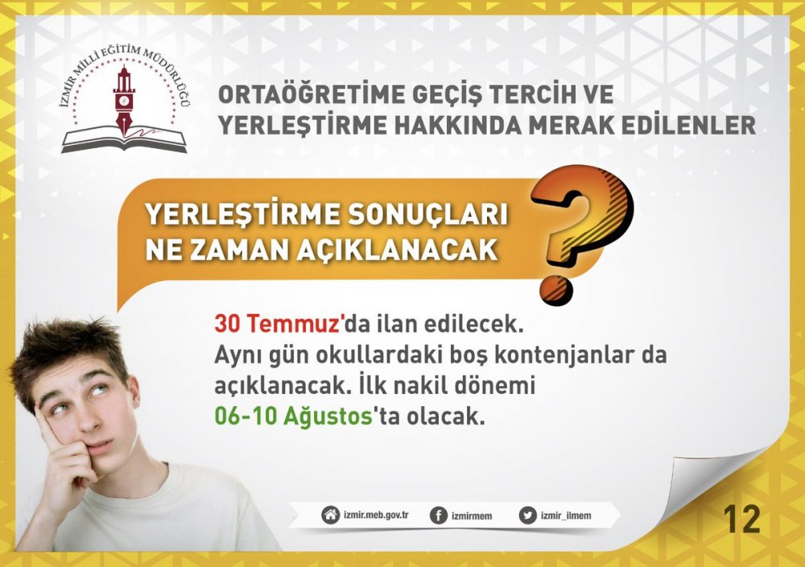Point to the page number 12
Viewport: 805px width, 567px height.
tap(741, 519)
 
